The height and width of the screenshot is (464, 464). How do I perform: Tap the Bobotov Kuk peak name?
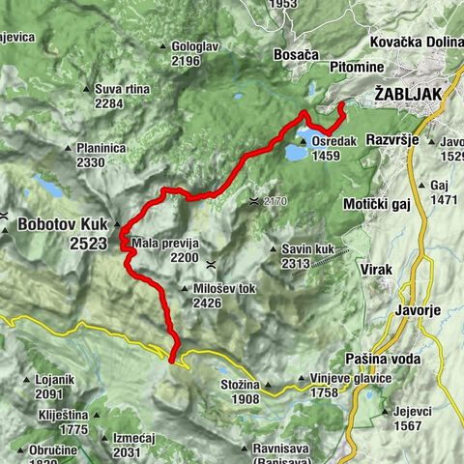pos(61,224)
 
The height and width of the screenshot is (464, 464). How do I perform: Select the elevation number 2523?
pos(88,245)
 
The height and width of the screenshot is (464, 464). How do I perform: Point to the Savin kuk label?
pos(308,247)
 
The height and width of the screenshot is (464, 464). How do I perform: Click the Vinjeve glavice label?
pos(350,378)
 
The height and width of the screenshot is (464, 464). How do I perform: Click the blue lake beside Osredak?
pos(293,152)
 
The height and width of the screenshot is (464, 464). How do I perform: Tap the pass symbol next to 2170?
pos(252,201)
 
